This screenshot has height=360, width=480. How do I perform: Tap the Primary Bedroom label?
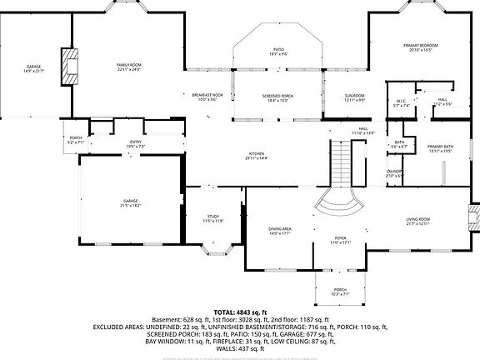(x=423, y=47)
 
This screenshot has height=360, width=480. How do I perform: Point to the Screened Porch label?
(x=278, y=97)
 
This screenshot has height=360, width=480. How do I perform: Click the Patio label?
(x=278, y=52)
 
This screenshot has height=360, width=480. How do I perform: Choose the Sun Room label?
(x=356, y=97)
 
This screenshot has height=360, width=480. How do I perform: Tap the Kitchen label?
(x=257, y=156)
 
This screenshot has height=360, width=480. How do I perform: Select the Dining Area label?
(x=279, y=230)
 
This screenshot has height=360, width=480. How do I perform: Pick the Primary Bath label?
(x=439, y=148)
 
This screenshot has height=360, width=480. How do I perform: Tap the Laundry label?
(x=394, y=173)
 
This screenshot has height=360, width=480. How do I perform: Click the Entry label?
(x=135, y=144)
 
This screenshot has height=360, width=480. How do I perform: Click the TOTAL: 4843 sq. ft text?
(x=240, y=311)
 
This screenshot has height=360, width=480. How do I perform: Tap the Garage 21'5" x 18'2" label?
(x=131, y=202)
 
